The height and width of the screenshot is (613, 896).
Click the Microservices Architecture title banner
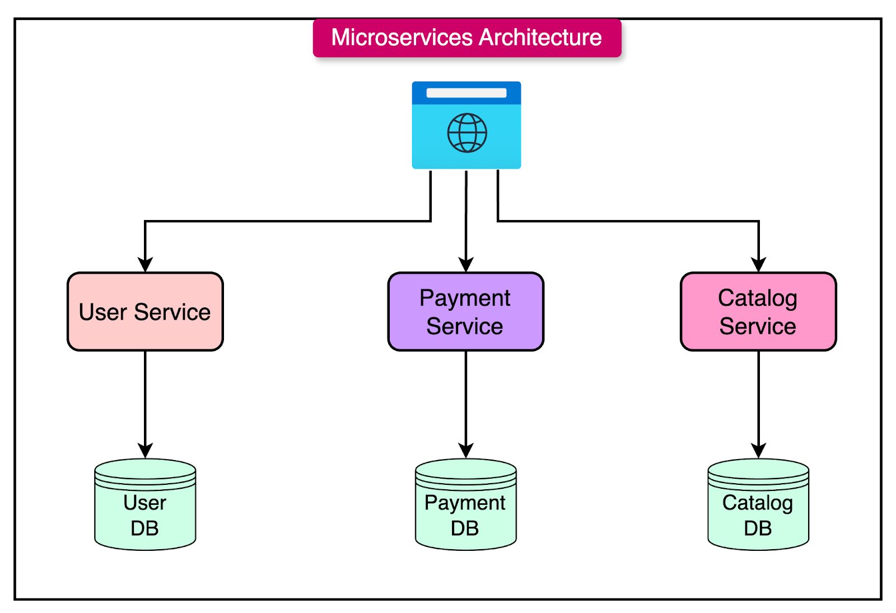466,38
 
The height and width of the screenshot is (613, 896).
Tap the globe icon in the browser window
466,133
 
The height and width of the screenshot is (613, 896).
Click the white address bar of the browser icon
466,93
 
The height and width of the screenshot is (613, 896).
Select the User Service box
145,312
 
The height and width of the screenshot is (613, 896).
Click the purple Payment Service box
465,312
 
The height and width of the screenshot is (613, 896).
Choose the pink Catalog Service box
758,312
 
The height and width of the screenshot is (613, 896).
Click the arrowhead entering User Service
145,265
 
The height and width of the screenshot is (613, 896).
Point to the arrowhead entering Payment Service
466,265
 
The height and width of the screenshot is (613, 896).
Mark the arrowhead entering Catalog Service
758,265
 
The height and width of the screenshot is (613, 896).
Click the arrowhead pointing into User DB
145,451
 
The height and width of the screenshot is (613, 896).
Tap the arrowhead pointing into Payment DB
466,451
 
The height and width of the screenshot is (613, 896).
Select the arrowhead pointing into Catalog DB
758,451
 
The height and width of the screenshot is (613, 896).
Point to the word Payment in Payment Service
465,298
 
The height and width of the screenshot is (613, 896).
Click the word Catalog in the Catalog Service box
758,298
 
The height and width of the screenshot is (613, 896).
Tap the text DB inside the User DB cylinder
144,528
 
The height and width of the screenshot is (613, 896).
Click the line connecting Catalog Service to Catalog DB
758,397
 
